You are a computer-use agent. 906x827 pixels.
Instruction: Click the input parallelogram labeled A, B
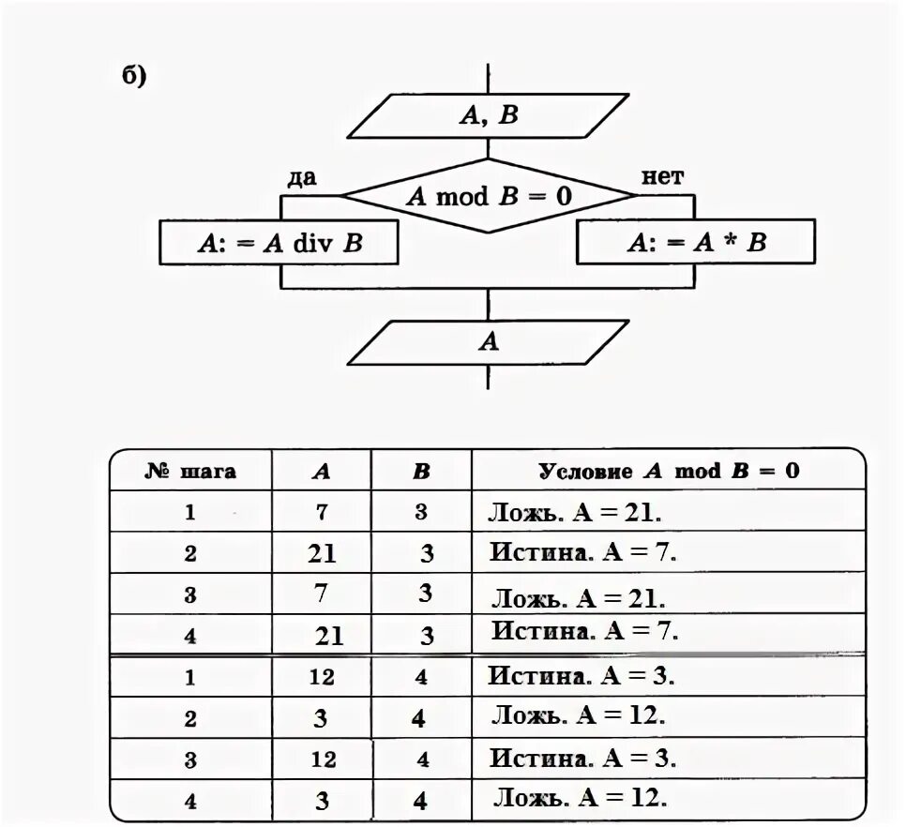(488, 115)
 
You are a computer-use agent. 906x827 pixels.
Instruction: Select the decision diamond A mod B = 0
(488, 196)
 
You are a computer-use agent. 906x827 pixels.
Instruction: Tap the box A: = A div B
(279, 244)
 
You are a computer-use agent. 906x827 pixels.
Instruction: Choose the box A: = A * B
(696, 244)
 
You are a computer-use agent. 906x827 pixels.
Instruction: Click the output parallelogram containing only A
(488, 342)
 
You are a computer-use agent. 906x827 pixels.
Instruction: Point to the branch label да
(302, 177)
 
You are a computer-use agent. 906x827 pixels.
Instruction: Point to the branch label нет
(662, 176)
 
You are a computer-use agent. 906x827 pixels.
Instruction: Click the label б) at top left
(135, 76)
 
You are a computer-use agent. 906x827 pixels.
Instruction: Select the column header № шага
(190, 471)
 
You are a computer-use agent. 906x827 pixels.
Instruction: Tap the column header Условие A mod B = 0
(669, 471)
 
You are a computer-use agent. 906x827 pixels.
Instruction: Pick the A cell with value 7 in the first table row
(322, 512)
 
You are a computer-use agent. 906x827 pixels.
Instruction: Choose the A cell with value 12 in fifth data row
(322, 677)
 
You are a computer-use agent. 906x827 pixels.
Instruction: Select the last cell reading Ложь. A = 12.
(581, 799)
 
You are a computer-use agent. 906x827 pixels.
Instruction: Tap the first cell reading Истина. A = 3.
(581, 675)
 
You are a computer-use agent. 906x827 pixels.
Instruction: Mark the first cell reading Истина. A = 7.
(582, 552)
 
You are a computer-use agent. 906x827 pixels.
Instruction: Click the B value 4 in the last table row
(420, 802)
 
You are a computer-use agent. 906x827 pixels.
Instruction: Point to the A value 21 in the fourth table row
(329, 637)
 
